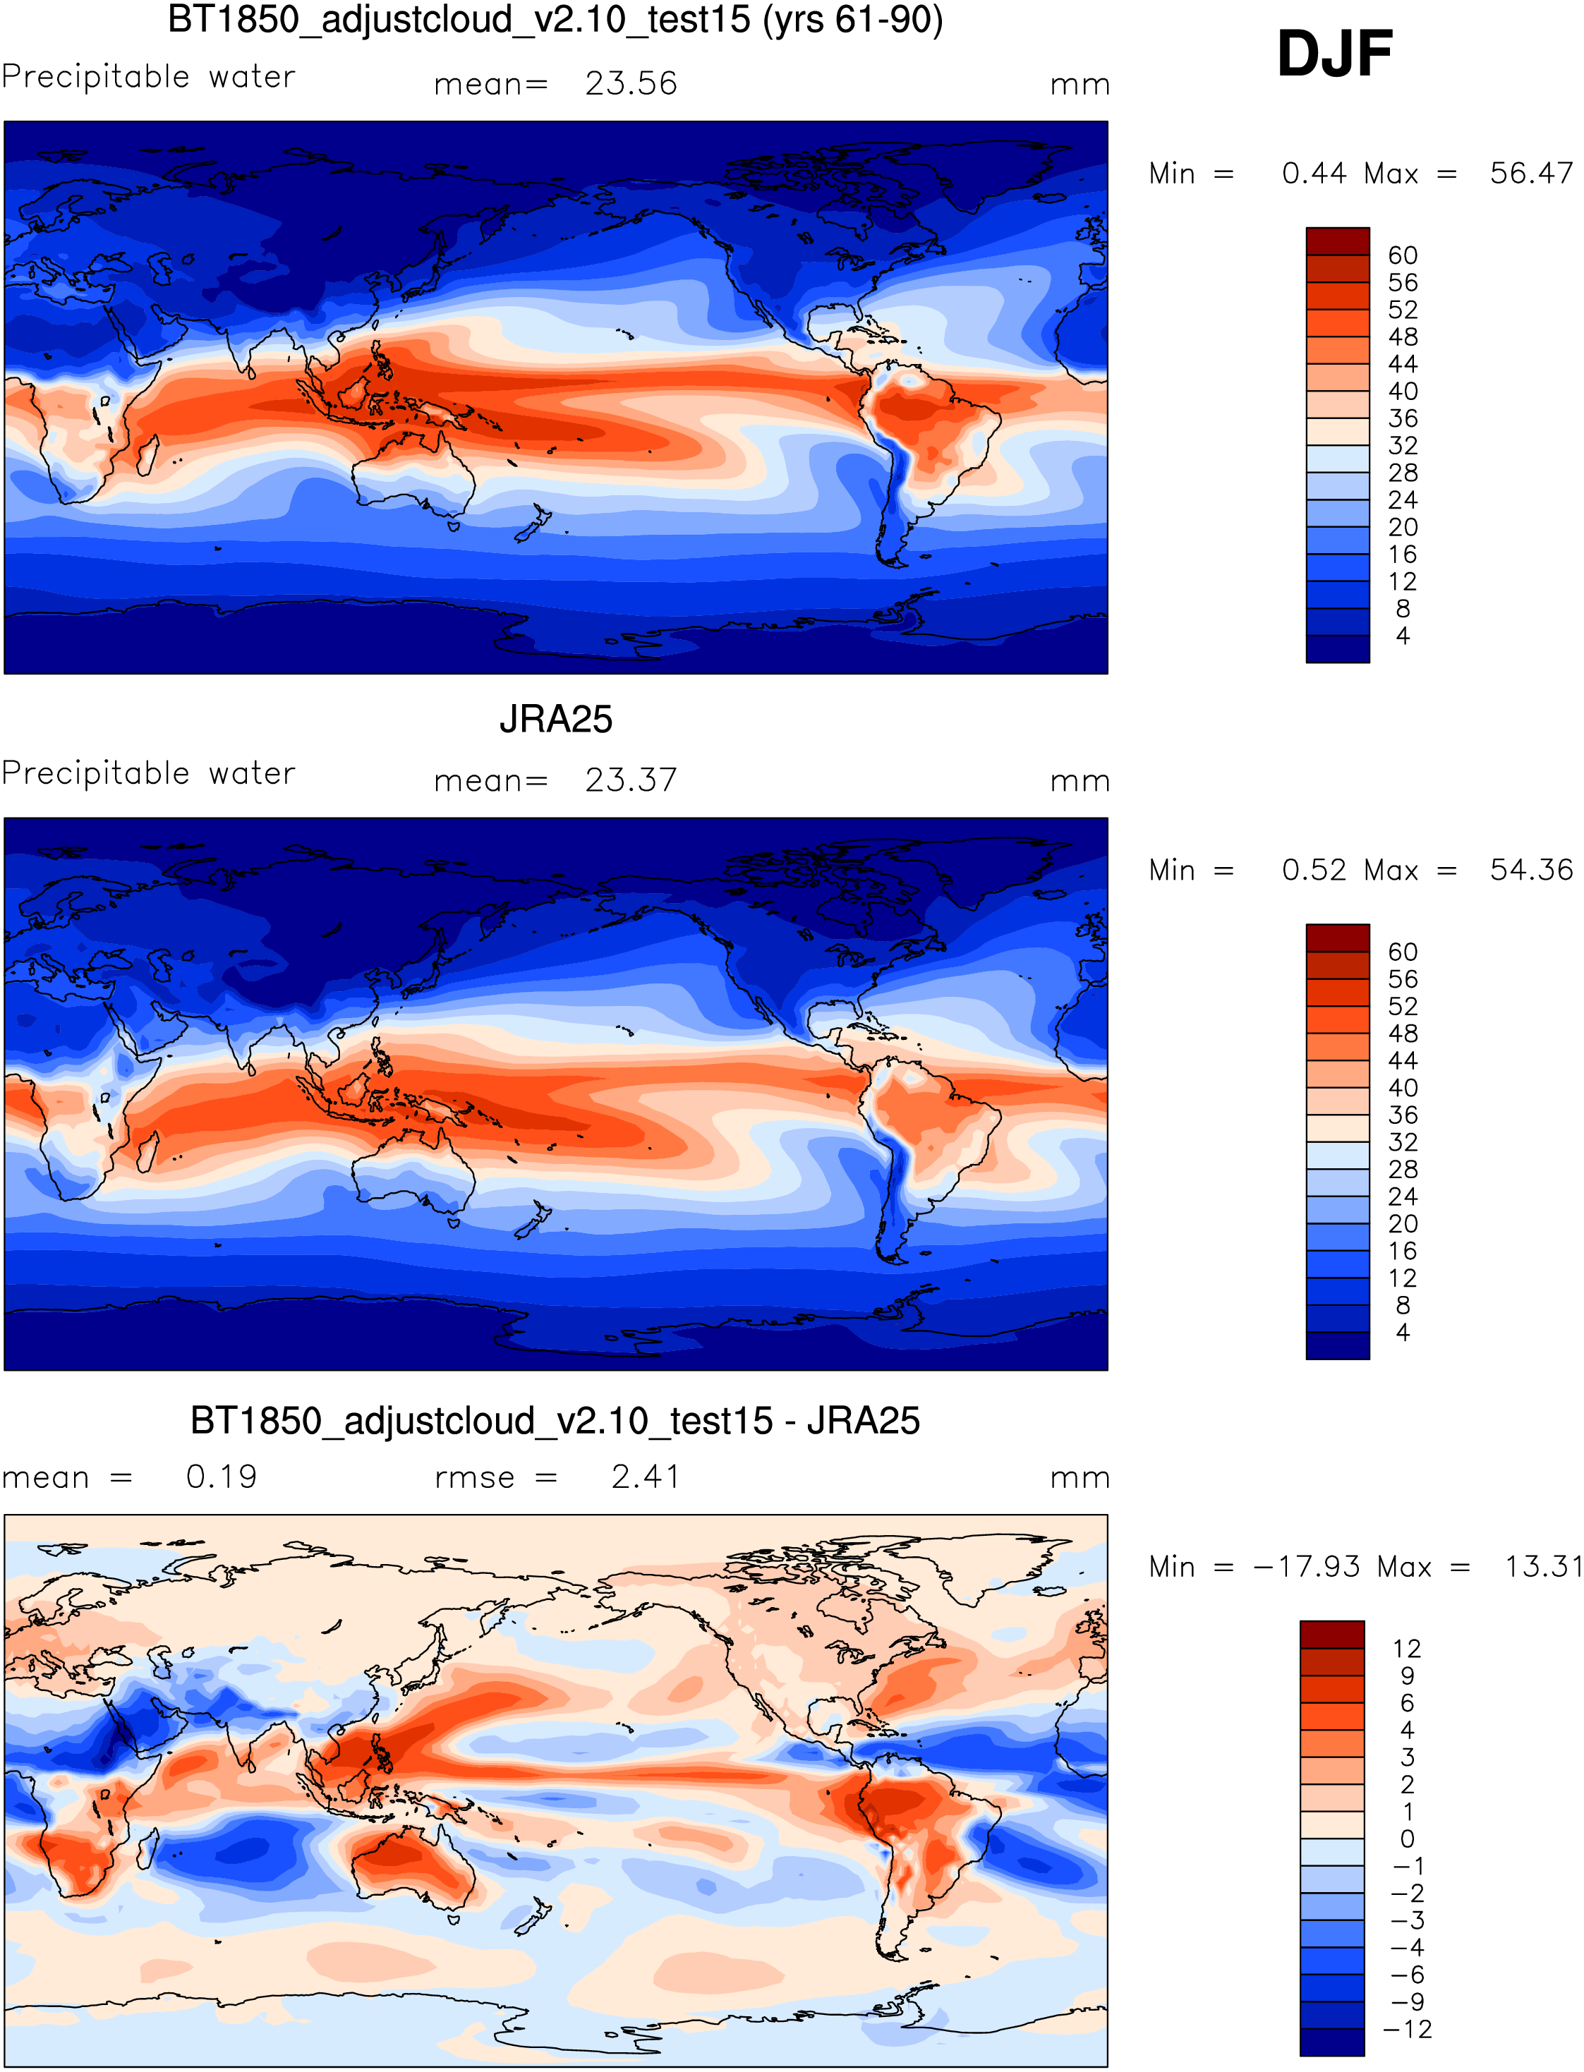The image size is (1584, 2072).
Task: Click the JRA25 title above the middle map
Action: coord(555,720)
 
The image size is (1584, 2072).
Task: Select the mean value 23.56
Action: coord(631,84)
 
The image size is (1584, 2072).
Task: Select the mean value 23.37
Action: coord(631,780)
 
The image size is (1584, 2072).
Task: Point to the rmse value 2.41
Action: coord(645,1477)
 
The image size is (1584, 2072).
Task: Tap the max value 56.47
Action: coord(1530,174)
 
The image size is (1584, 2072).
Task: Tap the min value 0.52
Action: coord(1313,870)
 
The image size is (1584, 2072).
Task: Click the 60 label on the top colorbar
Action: coord(1402,255)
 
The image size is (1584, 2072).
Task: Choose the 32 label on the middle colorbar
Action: coord(1402,1142)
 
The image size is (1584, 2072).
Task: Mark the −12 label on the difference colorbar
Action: coord(1407,2030)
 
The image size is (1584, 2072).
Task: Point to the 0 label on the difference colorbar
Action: coord(1407,1839)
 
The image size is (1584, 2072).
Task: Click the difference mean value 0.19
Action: coord(222,1477)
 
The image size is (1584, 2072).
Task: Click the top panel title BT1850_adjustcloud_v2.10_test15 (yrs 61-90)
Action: coord(555,20)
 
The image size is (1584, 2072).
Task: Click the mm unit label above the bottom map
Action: coord(1080,1478)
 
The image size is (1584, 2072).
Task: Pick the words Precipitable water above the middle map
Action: coord(149,773)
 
